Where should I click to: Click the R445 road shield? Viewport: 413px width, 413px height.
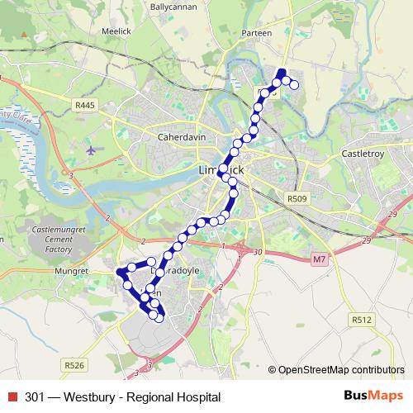83,106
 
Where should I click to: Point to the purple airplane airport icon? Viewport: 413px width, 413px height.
90,150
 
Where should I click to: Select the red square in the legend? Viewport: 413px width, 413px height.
12,397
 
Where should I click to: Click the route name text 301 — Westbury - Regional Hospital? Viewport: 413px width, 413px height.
122,397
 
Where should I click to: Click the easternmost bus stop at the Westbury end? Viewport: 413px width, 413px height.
293,84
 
